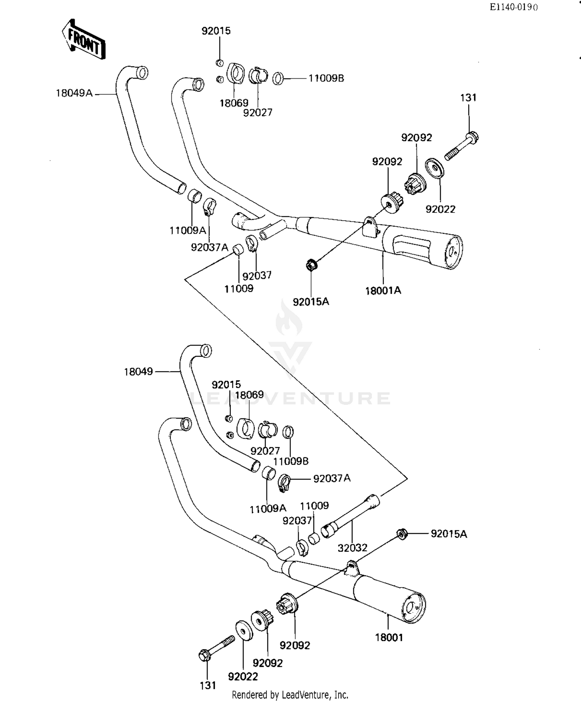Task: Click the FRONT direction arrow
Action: pyautogui.click(x=84, y=40)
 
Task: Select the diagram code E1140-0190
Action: pyautogui.click(x=514, y=7)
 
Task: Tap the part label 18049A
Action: pyautogui.click(x=74, y=93)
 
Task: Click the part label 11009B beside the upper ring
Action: pyautogui.click(x=326, y=78)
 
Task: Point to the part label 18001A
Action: pyautogui.click(x=383, y=290)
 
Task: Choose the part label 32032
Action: pyautogui.click(x=352, y=548)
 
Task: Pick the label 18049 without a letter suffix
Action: pyautogui.click(x=139, y=372)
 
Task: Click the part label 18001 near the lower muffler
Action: pyautogui.click(x=389, y=637)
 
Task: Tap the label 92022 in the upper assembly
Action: pyautogui.click(x=440, y=209)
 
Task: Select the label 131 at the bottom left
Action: pyautogui.click(x=208, y=686)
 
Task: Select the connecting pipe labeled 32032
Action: pyautogui.click(x=351, y=516)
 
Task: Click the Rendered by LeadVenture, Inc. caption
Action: pyautogui.click(x=290, y=694)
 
